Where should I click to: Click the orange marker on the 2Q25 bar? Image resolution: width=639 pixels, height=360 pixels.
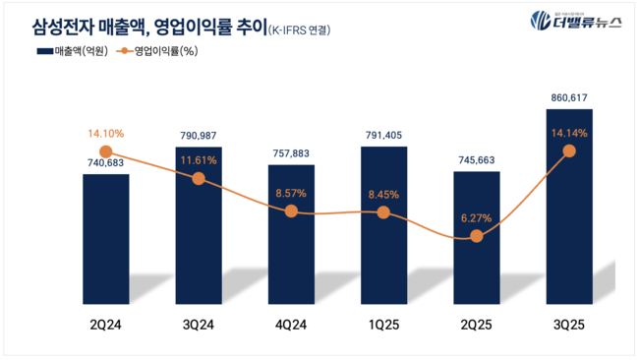pyautogui.click(x=477, y=236)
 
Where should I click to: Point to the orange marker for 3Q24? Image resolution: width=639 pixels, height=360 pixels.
pyautogui.click(x=199, y=178)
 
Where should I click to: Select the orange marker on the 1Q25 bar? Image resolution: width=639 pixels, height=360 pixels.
pyautogui.click(x=384, y=212)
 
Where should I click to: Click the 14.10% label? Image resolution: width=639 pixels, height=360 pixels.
pyautogui.click(x=106, y=134)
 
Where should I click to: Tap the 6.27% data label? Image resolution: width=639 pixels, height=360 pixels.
pyautogui.click(x=477, y=218)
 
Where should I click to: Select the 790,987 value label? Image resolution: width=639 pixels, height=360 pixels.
pyautogui.click(x=199, y=136)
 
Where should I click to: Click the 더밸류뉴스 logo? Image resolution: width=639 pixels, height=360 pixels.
pyautogui.click(x=576, y=21)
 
